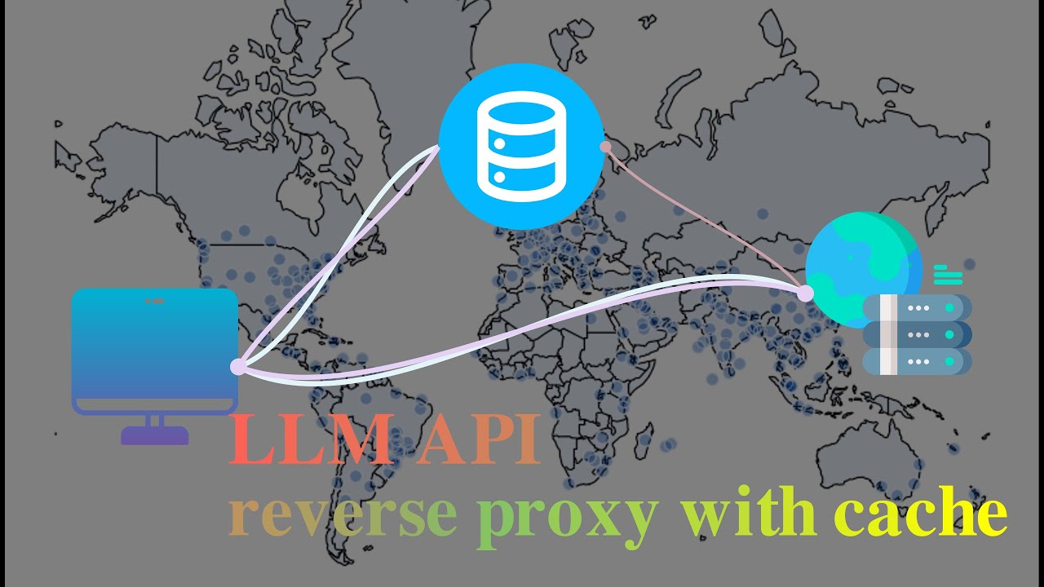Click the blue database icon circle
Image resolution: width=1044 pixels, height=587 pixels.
click(x=521, y=147)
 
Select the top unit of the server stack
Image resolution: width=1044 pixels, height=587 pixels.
click(x=918, y=308)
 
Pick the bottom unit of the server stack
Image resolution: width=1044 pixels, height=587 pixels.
click(x=918, y=361)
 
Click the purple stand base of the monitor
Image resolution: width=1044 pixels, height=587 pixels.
click(x=154, y=436)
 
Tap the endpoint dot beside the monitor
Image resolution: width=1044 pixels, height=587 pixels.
click(x=237, y=368)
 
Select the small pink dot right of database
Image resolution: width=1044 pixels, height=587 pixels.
click(x=605, y=147)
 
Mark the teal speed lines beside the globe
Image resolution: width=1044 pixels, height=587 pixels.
click(x=948, y=274)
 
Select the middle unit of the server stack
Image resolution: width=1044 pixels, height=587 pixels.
click(x=918, y=334)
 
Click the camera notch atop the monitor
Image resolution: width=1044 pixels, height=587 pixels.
click(x=154, y=301)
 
